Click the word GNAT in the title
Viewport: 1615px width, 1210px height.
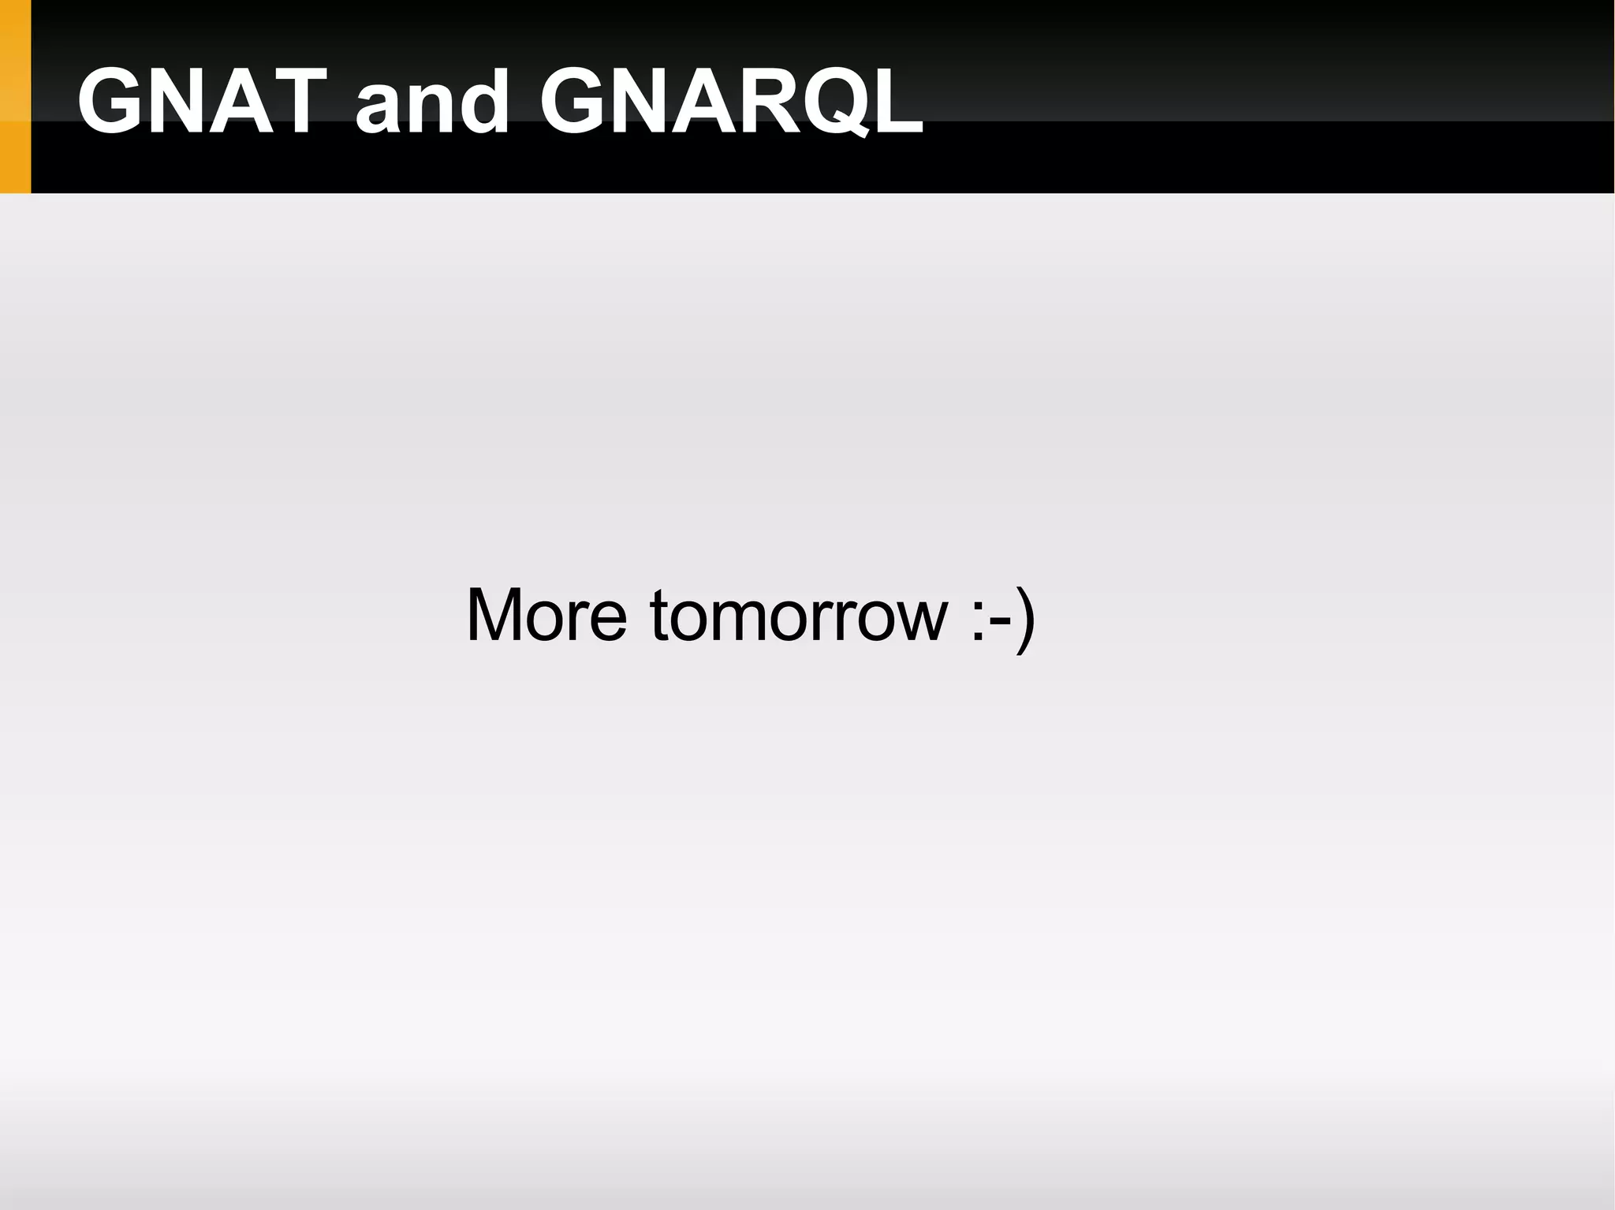pyautogui.click(x=202, y=101)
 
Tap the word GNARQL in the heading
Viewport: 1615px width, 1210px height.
pyautogui.click(x=731, y=101)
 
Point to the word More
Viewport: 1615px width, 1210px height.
pyautogui.click(x=546, y=615)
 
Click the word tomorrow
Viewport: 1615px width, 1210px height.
pyautogui.click(x=799, y=615)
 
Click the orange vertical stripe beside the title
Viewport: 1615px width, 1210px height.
pyautogui.click(x=15, y=96)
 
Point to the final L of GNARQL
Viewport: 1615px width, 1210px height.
pyautogui.click(x=895, y=101)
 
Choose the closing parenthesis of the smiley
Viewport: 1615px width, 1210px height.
pyautogui.click(x=1024, y=618)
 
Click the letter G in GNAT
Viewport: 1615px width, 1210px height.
pyautogui.click(x=110, y=101)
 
